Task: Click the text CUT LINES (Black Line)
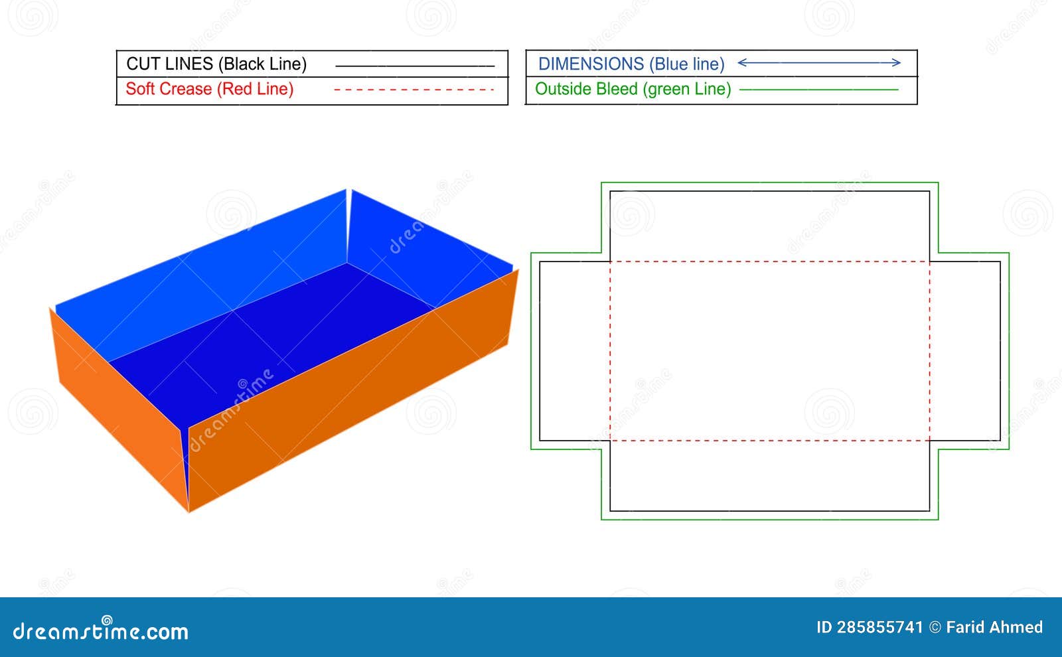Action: tap(216, 64)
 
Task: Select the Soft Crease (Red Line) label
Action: tap(210, 89)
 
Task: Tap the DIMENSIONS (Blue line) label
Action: tap(631, 64)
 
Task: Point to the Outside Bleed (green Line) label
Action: tap(633, 89)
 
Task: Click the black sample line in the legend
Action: tap(415, 66)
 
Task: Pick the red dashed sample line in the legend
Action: tap(414, 89)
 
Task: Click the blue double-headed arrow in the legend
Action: tap(819, 62)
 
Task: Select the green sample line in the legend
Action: tap(819, 89)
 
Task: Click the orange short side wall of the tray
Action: tap(119, 407)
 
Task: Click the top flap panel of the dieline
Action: tap(769, 226)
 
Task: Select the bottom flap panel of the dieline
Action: tap(769, 476)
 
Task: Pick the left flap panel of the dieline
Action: tap(575, 351)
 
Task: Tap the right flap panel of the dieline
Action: tap(965, 351)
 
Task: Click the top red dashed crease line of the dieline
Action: tap(769, 261)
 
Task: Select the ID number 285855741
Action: tap(879, 627)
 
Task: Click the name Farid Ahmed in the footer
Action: tap(994, 627)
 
